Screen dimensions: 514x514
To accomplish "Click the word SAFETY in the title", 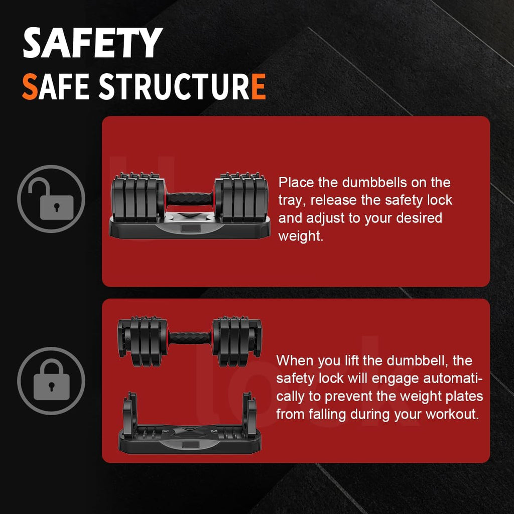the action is click(x=92, y=43).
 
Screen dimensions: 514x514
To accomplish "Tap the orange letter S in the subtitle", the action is click(x=30, y=86).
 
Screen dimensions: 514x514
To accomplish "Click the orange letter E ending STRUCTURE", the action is click(x=259, y=86).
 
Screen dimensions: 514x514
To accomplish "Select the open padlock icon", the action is click(x=51, y=199).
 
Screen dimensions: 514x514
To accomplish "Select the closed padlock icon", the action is click(x=51, y=381).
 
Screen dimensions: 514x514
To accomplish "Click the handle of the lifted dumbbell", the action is click(x=190, y=338).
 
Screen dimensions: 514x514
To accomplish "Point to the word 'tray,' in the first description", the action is click(x=292, y=201).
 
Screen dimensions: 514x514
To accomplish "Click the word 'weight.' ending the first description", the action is click(x=301, y=236).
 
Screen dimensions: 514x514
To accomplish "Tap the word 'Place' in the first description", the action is click(x=296, y=182).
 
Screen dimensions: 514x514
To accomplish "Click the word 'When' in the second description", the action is click(x=295, y=360).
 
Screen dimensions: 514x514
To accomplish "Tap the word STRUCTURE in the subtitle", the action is click(x=182, y=86).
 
